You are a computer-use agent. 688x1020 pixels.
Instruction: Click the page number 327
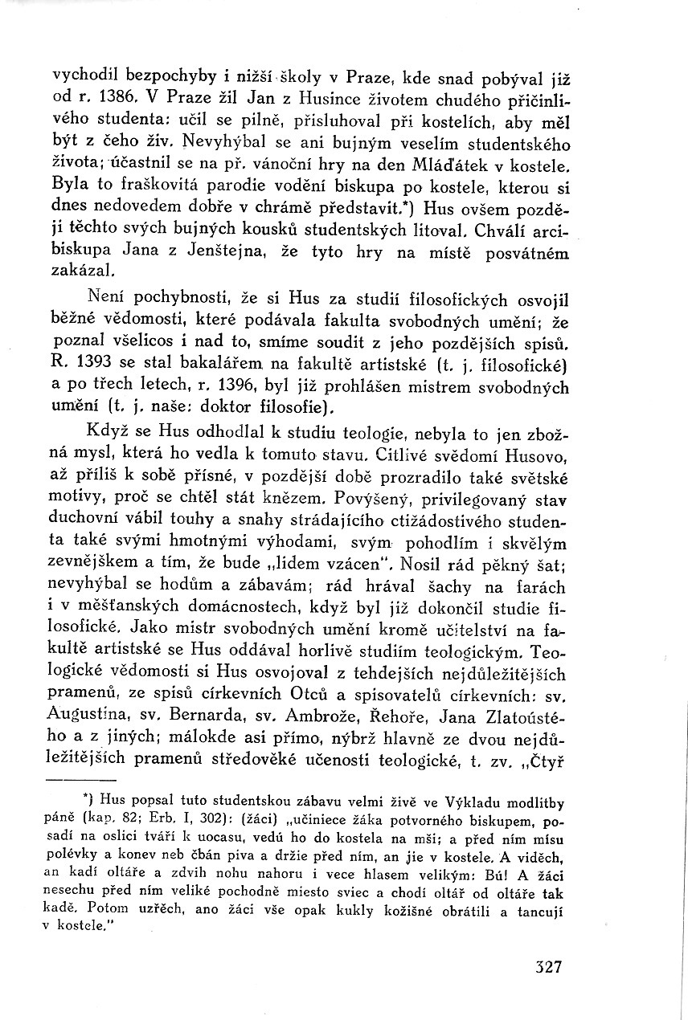[x=548, y=965]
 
